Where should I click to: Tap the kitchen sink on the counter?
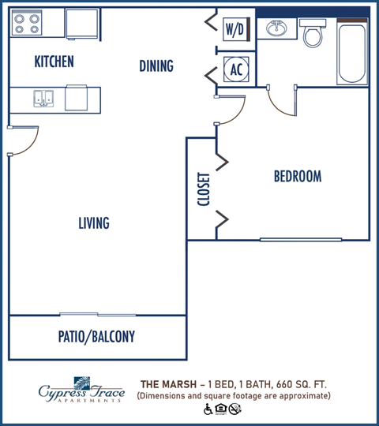(x=43, y=98)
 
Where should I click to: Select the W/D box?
(x=235, y=30)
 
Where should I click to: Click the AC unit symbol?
(x=235, y=69)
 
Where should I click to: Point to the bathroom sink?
(x=277, y=30)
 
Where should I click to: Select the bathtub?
(x=352, y=52)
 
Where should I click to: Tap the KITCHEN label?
(x=54, y=62)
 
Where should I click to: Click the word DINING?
(x=156, y=66)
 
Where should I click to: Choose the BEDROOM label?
(x=297, y=176)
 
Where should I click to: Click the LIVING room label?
(x=93, y=223)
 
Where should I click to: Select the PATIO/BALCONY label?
(x=96, y=337)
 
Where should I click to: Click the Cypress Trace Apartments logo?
(x=81, y=389)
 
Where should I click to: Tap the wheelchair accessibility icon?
(x=208, y=409)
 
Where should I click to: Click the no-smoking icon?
(x=235, y=409)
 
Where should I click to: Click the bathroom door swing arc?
(x=280, y=101)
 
